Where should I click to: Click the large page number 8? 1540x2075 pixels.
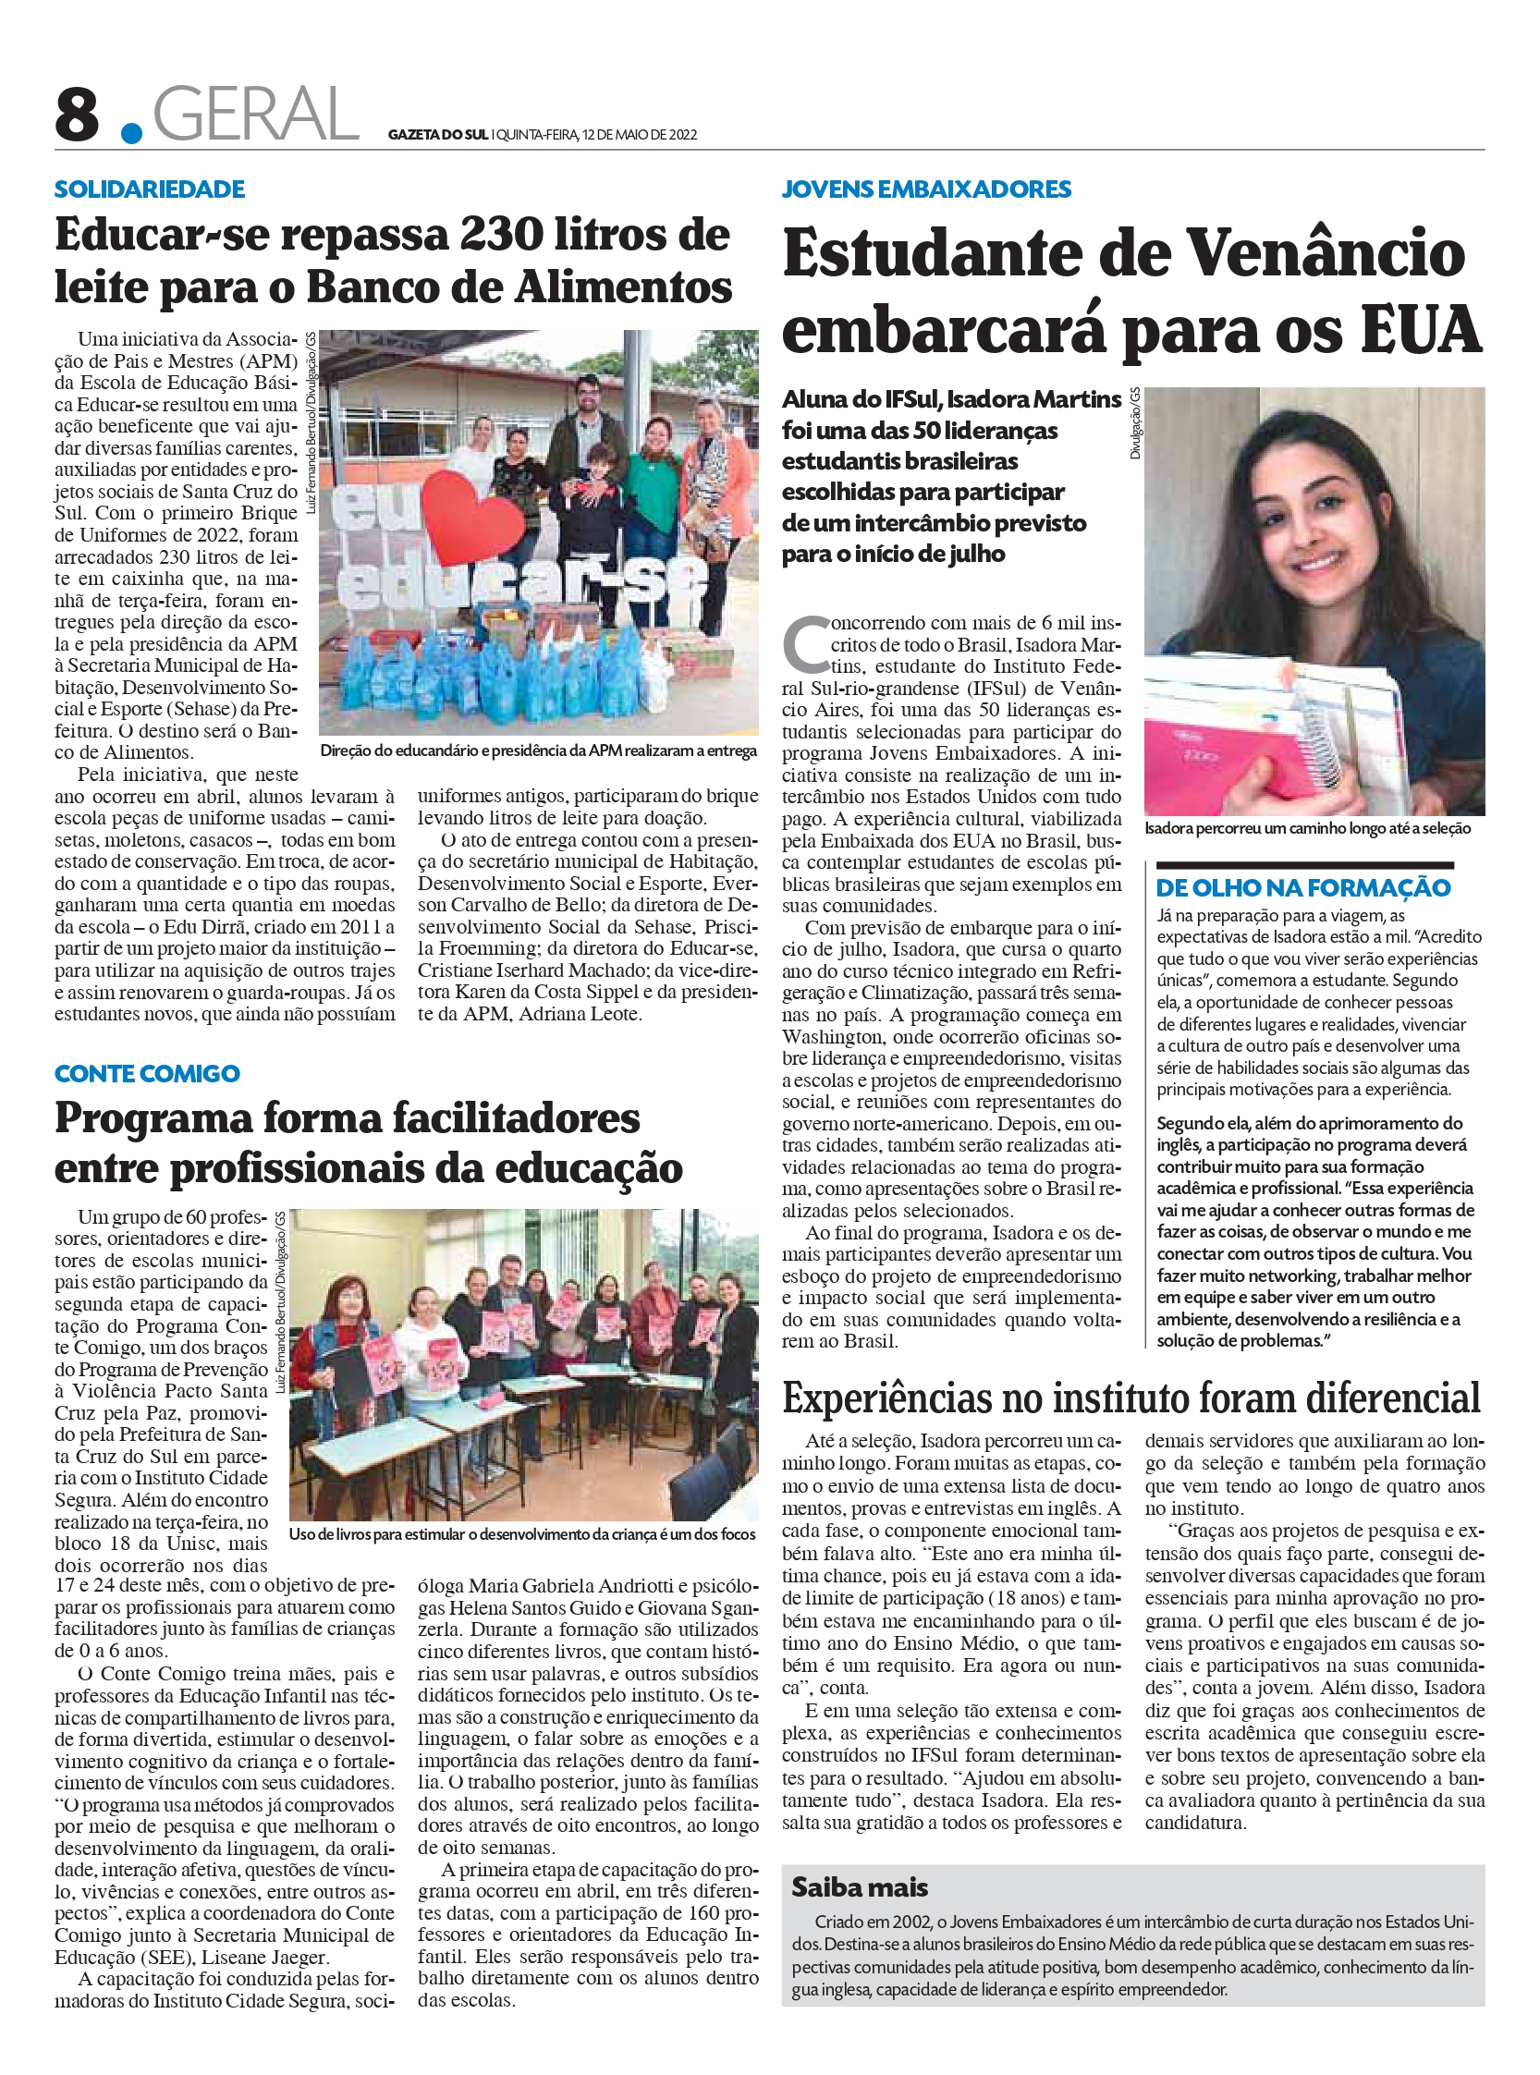[x=78, y=116]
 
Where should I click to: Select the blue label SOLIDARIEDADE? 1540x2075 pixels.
[x=149, y=189]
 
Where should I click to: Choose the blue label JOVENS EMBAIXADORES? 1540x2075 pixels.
[x=926, y=189]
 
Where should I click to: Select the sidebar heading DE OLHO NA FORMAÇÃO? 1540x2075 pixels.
[x=1303, y=887]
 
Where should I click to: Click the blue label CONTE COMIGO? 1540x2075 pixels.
[x=147, y=1074]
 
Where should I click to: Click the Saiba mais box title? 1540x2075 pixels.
[x=860, y=1887]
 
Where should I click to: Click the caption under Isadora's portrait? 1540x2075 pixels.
[x=1307, y=829]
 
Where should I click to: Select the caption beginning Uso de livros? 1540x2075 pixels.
[x=522, y=1534]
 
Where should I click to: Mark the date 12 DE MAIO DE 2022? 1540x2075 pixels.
[x=639, y=134]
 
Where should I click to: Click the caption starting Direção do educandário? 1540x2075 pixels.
[x=538, y=751]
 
